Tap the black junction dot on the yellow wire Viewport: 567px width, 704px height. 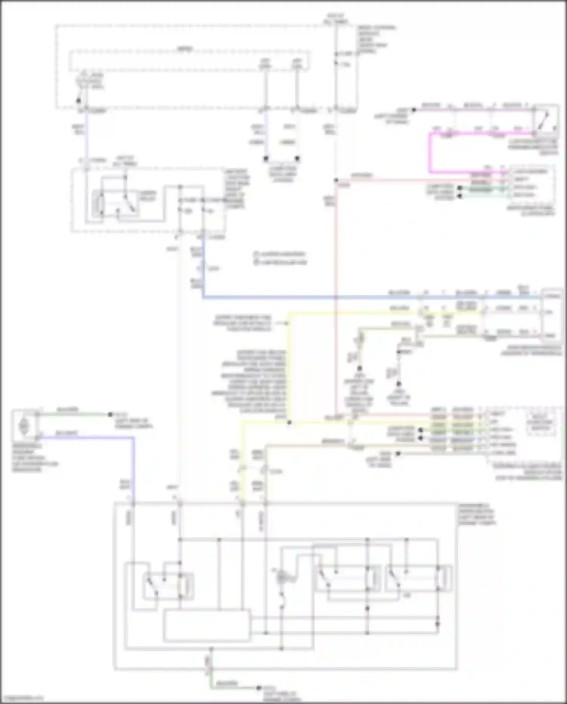click(289, 422)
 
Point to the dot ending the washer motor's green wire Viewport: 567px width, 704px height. click(110, 415)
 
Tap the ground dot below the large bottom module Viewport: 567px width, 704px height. click(259, 687)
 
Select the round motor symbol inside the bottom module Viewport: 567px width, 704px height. click(282, 577)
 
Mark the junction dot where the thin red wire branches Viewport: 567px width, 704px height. click(336, 180)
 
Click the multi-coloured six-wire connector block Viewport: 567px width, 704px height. click(454, 431)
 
